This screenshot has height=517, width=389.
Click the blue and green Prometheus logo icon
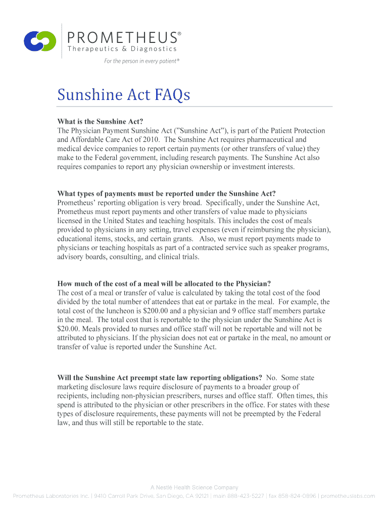tap(40, 41)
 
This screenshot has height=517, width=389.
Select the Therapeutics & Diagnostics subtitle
tap(122, 49)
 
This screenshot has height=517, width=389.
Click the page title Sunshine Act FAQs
tap(123, 94)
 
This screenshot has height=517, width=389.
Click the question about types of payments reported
tap(166, 193)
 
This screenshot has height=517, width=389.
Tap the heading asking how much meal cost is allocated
tap(164, 283)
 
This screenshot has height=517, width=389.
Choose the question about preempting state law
tap(160, 378)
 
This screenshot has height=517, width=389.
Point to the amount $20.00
tap(69, 329)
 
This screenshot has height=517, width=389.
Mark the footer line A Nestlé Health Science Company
tap(194, 487)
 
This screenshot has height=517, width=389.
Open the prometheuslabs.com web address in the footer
tap(348, 496)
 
